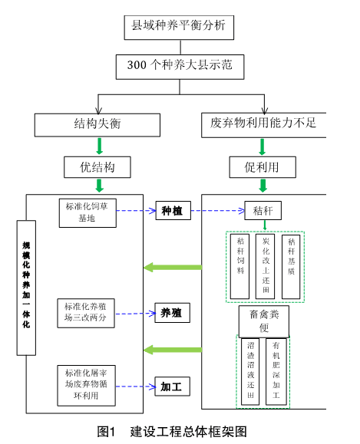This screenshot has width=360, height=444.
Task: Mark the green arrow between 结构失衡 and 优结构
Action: (99, 146)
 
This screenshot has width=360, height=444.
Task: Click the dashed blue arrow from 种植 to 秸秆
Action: (218, 211)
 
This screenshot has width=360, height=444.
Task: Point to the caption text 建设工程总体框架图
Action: (189, 432)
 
